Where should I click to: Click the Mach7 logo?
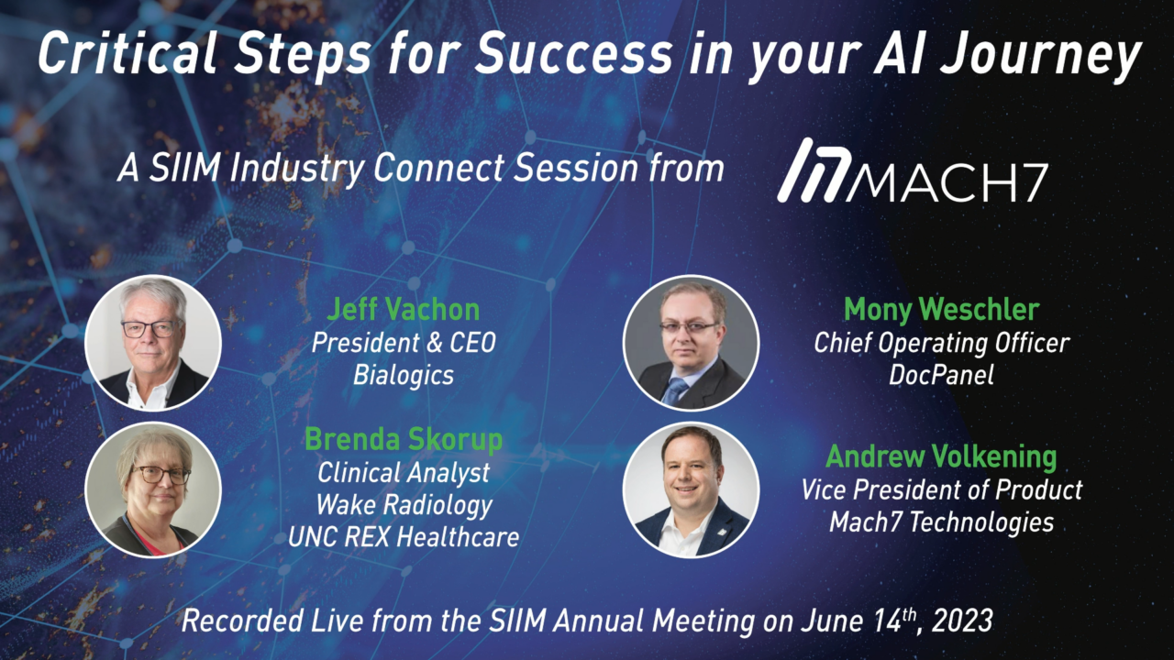(912, 170)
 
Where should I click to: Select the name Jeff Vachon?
(403, 310)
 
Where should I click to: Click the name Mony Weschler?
(941, 310)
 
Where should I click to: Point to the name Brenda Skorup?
(403, 440)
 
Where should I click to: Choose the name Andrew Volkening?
(941, 456)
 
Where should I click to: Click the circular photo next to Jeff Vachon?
(153, 343)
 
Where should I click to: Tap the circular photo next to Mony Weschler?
(691, 343)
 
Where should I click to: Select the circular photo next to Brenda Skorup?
(153, 489)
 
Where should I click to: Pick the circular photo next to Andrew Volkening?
(691, 489)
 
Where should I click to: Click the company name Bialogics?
(403, 376)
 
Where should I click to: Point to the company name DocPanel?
(941, 375)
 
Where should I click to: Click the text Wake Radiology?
(404, 506)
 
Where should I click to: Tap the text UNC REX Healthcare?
(404, 537)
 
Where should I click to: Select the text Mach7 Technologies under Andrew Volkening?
(941, 522)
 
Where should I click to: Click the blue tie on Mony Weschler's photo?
(675, 390)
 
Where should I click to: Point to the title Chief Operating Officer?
(941, 344)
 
